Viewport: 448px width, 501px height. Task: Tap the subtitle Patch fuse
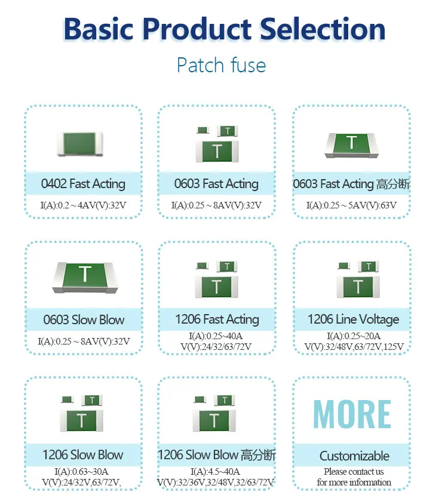pos(221,65)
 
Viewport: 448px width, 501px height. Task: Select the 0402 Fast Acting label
pos(83,184)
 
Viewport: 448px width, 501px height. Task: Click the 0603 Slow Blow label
pos(84,320)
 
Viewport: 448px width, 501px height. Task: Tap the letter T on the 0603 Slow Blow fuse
pos(85,274)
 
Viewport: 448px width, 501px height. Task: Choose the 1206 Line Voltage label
pos(353,319)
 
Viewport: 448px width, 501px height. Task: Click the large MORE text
pos(352,414)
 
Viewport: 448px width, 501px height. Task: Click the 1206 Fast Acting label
pos(217,319)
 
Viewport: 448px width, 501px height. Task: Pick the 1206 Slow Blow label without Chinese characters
pos(83,455)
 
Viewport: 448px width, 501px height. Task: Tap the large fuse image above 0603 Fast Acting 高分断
pos(351,146)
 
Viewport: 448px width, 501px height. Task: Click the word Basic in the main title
pos(98,30)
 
